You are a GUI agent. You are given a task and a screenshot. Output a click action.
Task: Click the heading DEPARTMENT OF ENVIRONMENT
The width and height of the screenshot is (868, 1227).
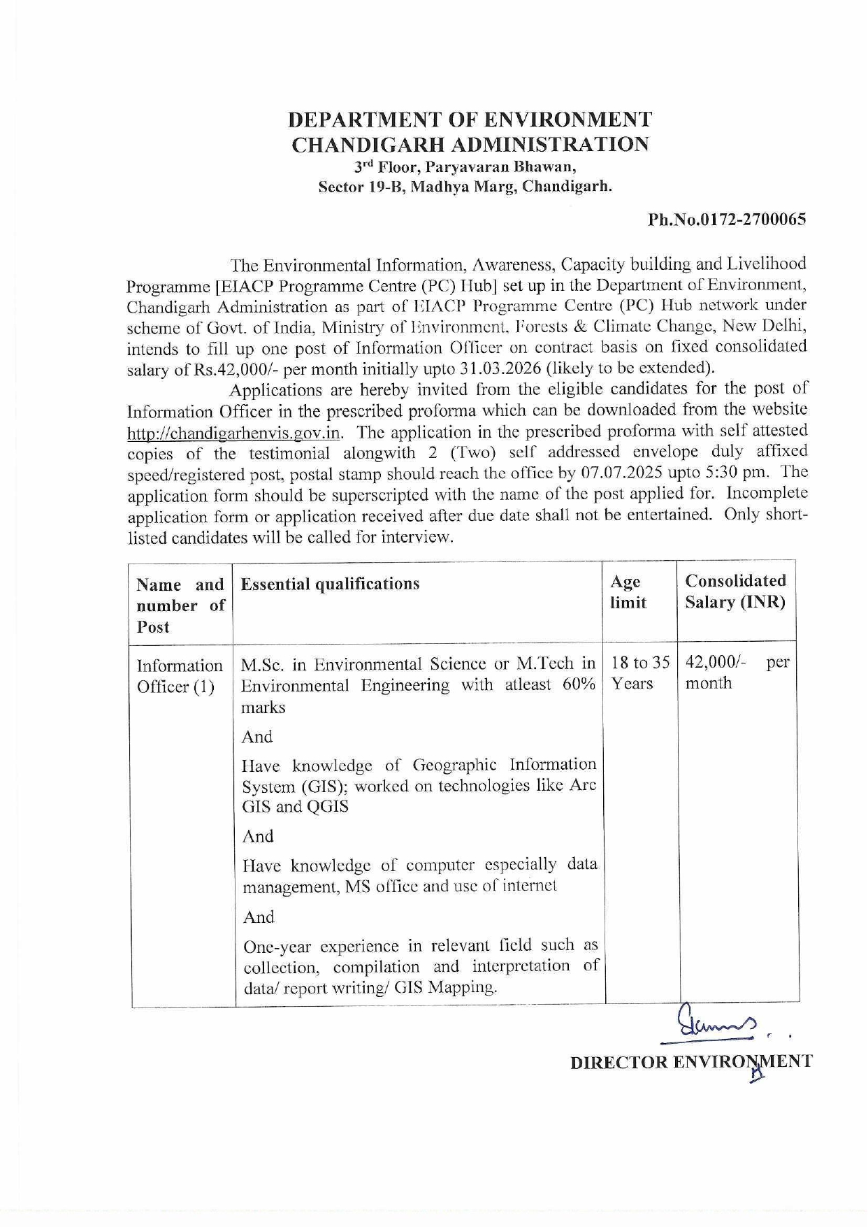(470, 120)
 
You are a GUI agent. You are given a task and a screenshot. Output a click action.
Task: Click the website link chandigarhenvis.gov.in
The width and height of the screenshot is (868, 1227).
(233, 433)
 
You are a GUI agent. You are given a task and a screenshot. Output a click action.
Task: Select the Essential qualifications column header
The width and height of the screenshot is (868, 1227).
(330, 584)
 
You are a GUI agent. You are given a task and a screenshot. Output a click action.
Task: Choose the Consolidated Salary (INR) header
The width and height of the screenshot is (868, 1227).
(735, 591)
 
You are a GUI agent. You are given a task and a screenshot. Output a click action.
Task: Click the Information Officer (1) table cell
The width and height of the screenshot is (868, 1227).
(180, 675)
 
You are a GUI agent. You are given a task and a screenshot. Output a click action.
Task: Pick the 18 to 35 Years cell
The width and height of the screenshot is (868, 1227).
(639, 673)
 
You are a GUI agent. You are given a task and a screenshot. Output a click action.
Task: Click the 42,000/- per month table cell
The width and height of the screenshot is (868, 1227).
(737, 673)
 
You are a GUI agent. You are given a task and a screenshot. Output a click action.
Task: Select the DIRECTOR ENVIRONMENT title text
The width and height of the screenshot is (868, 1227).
(691, 1062)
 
